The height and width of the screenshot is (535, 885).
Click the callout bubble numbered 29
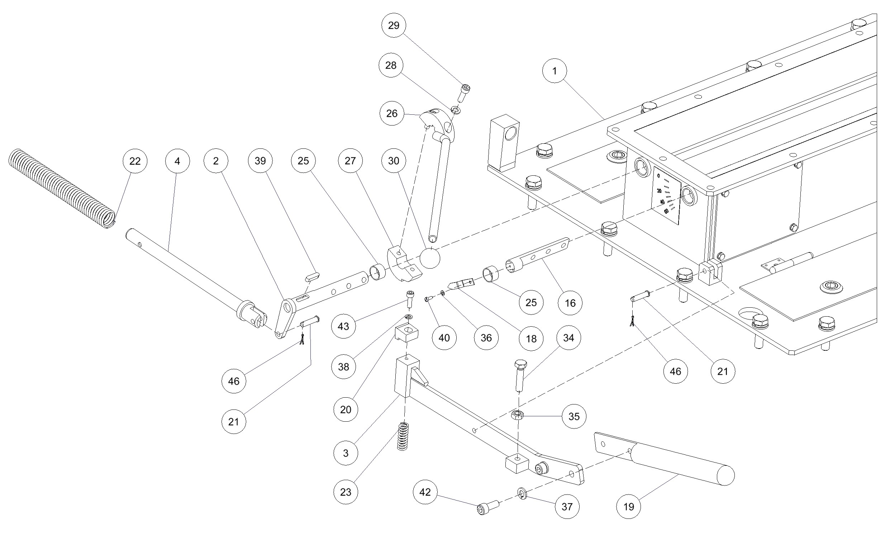pos(394,25)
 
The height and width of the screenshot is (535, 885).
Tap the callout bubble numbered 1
pos(555,71)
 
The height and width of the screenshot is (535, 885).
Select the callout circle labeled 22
pos(135,161)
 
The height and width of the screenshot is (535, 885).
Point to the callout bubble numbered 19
pos(629,507)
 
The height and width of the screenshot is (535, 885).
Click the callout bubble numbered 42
pos(425,492)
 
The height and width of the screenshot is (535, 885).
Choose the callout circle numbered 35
pos(574,416)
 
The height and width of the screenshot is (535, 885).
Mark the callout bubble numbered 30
pos(394,161)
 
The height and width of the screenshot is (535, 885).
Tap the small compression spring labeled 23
pos(403,436)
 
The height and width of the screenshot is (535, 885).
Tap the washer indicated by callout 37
pos(522,493)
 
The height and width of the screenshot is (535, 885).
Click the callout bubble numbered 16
pos(570,303)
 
